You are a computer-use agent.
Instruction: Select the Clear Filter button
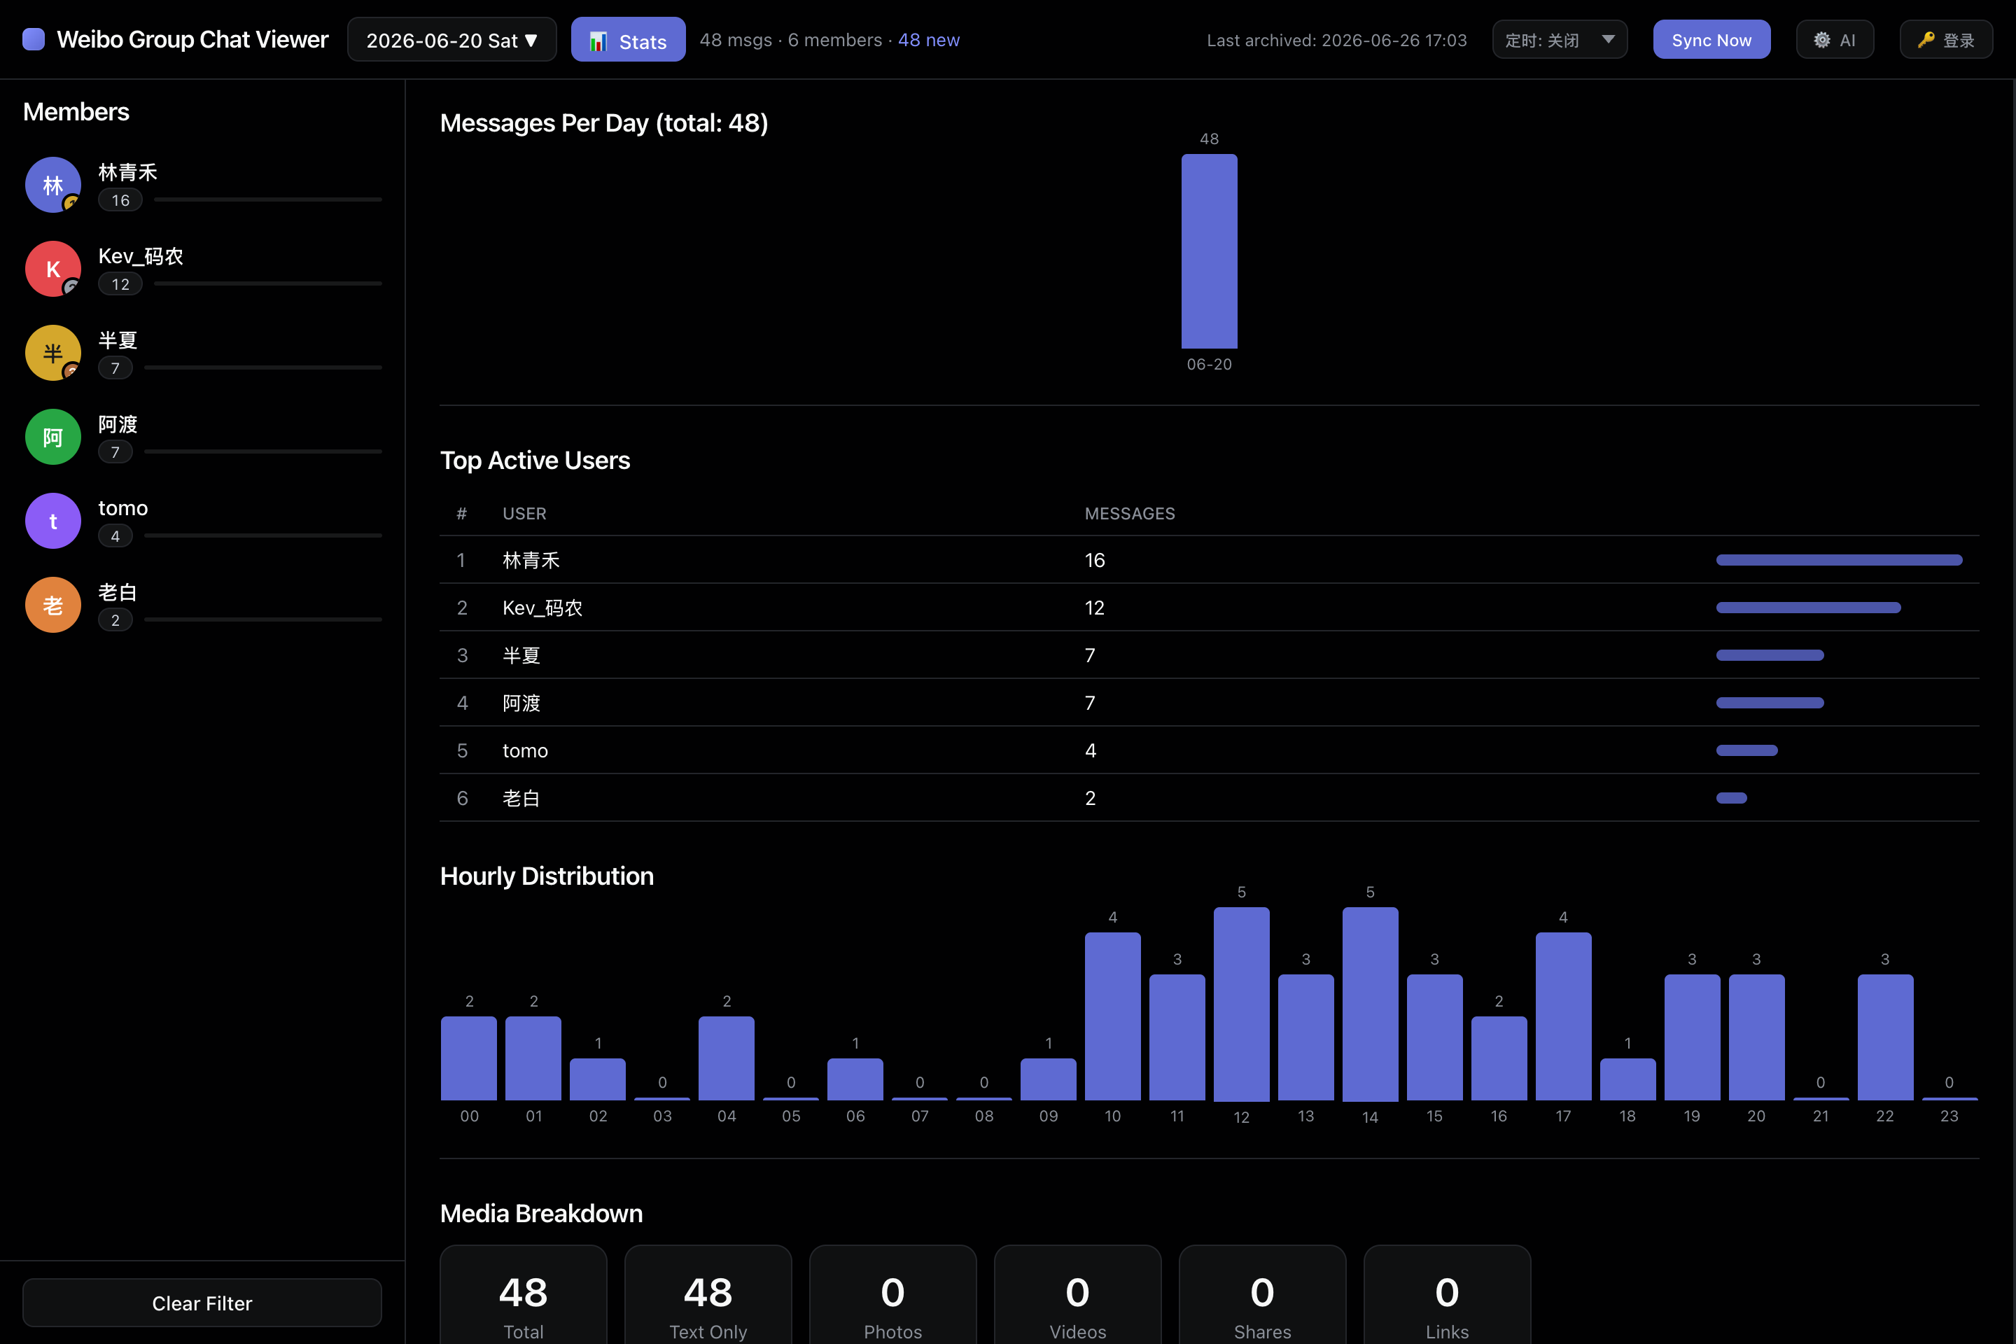tap(202, 1303)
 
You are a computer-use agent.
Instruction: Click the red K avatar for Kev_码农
tap(53, 268)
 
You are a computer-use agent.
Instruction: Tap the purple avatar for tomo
tap(53, 520)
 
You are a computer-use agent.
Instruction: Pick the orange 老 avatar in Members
tap(53, 604)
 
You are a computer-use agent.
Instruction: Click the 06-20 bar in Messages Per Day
tap(1210, 251)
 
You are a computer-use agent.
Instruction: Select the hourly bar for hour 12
tap(1241, 1004)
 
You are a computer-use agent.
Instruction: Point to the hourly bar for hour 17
tap(1563, 1016)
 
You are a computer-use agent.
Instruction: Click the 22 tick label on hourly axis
tap(1885, 1116)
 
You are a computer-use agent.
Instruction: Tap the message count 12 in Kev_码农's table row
tap(1095, 608)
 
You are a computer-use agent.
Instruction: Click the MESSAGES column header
tap(1130, 513)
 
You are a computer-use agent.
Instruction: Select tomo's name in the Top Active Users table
tap(524, 751)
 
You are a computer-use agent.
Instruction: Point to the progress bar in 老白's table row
tap(1731, 798)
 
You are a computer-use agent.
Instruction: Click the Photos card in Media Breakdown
tap(892, 1294)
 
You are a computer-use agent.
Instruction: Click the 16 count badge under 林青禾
tap(120, 199)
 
